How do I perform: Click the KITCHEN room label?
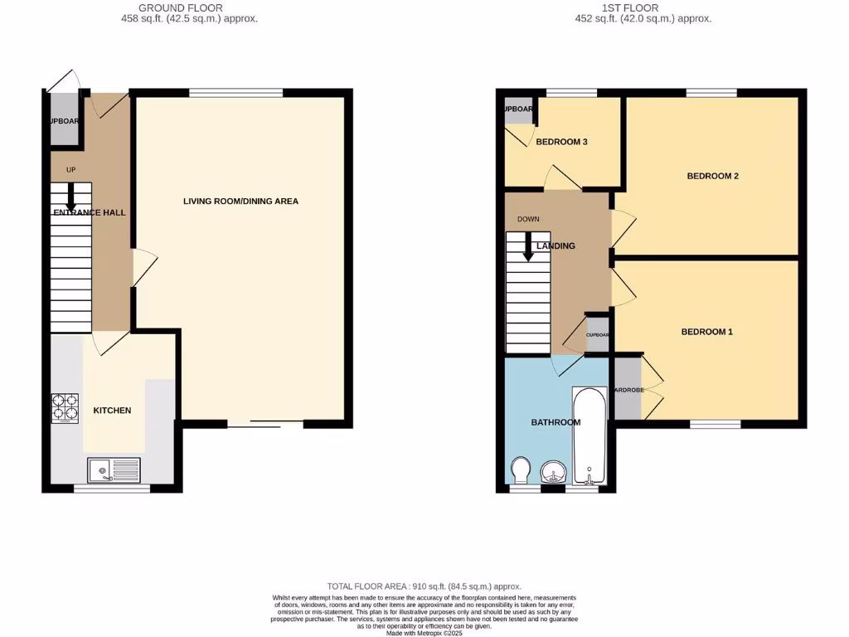point(112,411)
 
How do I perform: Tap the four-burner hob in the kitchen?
point(65,407)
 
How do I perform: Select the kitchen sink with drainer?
point(114,469)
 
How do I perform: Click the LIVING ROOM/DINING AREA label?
point(240,202)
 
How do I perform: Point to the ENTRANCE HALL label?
point(90,213)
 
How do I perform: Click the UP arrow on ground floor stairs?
point(71,195)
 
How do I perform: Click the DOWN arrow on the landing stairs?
point(528,246)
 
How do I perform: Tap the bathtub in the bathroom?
point(589,437)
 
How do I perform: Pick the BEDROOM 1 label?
point(706,332)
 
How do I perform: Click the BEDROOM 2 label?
point(712,176)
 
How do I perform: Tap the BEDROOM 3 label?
point(561,142)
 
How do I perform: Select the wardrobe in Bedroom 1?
point(627,390)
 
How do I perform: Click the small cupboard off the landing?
point(598,335)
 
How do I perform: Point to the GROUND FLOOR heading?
point(188,7)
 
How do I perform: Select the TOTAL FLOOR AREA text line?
point(424,586)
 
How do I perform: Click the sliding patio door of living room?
point(265,425)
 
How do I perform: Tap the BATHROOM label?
point(555,422)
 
